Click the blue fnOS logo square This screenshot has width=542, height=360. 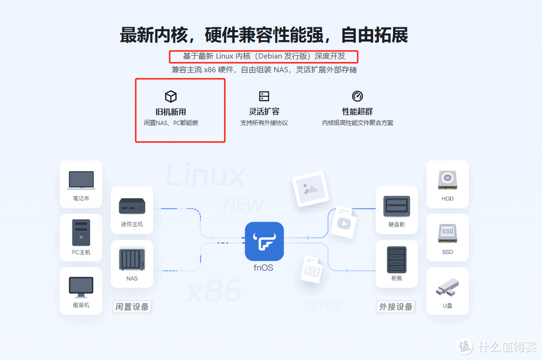[x=264, y=241]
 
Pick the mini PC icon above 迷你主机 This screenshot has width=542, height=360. [x=132, y=206]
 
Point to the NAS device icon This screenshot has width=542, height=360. [x=132, y=260]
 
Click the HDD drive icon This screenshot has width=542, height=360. [x=447, y=180]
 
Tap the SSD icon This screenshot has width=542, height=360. [x=447, y=233]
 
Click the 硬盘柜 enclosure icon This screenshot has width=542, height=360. [x=396, y=206]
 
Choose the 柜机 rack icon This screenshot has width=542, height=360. [x=396, y=259]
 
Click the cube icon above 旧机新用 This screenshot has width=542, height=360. [x=171, y=96]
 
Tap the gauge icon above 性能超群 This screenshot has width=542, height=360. [x=357, y=96]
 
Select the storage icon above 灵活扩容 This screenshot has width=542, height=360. [x=264, y=96]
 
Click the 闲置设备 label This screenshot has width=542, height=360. [x=132, y=306]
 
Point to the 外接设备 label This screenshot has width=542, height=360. [x=396, y=306]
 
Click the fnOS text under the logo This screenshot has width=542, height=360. [x=263, y=268]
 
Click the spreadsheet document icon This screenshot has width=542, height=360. [x=311, y=270]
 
